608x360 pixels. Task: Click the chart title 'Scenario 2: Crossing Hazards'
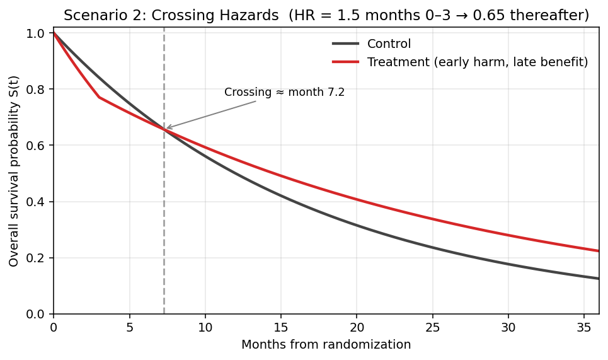(x=171, y=16)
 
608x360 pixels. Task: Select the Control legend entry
(x=389, y=44)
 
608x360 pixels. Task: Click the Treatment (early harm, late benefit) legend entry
(x=477, y=62)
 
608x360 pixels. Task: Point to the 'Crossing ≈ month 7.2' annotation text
(x=284, y=93)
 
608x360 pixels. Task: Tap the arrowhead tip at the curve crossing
(x=166, y=129)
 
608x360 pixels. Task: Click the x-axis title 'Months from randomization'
(x=326, y=345)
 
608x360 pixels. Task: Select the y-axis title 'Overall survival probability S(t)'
(x=14, y=171)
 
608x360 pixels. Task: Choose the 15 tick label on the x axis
(x=280, y=328)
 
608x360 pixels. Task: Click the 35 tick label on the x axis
(x=583, y=328)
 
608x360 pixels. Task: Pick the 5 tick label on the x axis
(x=129, y=328)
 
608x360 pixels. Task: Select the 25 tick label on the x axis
(x=432, y=328)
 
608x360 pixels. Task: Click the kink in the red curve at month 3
(x=99, y=97)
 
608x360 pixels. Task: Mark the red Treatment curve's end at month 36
(x=599, y=251)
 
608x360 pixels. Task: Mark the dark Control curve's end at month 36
(x=599, y=279)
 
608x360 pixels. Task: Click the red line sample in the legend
(x=345, y=62)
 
